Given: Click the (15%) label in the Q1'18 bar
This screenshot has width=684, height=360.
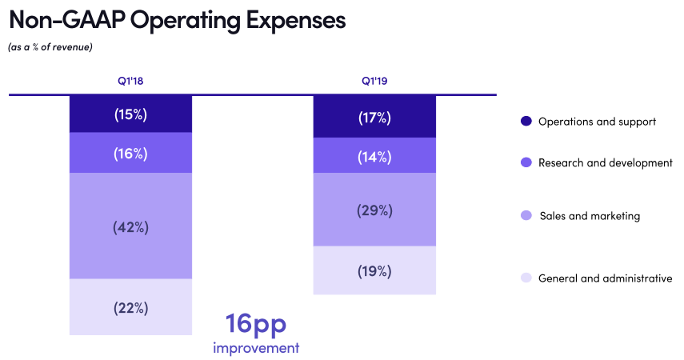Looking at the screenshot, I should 130,114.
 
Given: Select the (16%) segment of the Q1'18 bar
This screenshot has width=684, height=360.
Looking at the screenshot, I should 130,153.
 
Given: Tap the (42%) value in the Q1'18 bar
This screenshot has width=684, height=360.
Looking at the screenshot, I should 130,226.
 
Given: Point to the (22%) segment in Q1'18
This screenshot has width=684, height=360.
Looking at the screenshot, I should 130,307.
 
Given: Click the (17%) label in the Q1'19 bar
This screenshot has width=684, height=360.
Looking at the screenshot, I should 374,118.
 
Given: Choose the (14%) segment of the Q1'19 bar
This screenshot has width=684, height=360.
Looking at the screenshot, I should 374,156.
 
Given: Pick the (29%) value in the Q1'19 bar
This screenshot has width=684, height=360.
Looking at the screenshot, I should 374,210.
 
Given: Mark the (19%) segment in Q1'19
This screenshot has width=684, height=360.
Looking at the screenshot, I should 374,270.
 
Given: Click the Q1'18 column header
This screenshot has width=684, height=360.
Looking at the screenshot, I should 130,81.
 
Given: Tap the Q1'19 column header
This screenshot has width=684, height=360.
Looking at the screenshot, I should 374,81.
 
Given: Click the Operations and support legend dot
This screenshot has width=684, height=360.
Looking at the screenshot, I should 526,122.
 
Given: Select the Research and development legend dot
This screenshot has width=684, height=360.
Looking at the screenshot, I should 526,162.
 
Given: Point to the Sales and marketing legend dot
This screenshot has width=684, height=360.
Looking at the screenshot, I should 526,216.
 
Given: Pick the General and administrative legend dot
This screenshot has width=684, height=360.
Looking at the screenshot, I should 526,278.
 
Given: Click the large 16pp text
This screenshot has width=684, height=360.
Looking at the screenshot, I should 255,324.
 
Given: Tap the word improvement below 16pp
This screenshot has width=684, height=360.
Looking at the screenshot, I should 256,348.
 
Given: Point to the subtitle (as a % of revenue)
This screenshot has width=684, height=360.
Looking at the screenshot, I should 50,47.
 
